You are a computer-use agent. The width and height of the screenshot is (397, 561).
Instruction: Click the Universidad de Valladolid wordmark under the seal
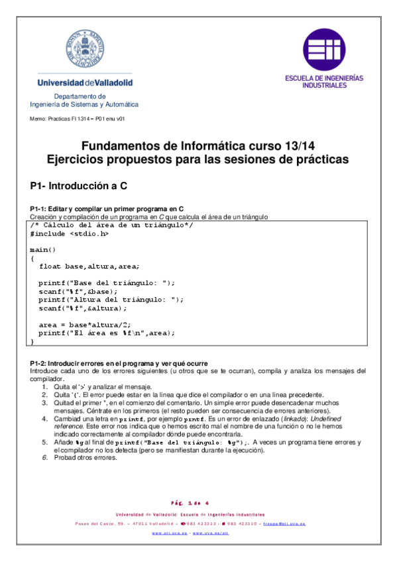(x=85, y=83)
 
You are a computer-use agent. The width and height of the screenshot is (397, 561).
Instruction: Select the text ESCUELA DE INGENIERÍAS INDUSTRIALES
(x=324, y=81)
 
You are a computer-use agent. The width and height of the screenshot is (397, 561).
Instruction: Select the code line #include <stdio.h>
(x=70, y=234)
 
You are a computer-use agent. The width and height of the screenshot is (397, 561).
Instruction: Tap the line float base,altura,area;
(x=89, y=266)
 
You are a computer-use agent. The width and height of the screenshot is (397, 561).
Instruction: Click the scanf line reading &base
(x=78, y=291)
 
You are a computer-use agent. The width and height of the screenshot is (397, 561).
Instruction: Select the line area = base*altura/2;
(x=84, y=325)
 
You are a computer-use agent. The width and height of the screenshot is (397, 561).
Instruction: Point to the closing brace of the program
(x=32, y=341)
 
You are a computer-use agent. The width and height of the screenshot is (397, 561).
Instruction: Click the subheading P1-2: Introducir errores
(x=119, y=363)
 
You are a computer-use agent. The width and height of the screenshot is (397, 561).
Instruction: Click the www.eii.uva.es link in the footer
(x=166, y=532)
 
